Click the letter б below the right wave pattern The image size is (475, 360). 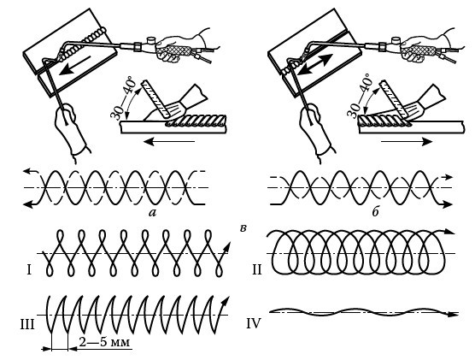[376, 212]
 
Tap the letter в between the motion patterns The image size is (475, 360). [243, 228]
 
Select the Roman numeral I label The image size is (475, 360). [29, 269]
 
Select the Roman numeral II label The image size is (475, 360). [257, 269]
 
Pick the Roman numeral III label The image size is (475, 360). [27, 324]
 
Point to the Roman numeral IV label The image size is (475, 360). [254, 324]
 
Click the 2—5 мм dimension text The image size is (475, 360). [104, 342]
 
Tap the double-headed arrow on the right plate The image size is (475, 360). [314, 65]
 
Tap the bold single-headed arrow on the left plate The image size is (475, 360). [75, 65]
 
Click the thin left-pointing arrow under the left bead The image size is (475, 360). [169, 141]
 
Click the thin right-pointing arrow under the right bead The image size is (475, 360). [407, 141]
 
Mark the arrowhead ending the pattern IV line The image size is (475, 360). [453, 314]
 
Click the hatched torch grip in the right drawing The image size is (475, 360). [418, 50]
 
